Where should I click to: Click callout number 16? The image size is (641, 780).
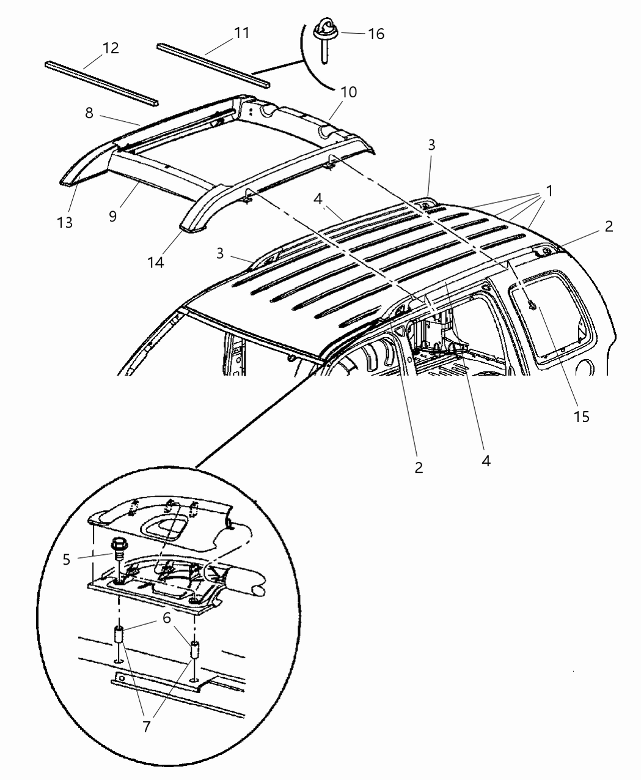[376, 34]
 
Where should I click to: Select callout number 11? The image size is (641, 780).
[242, 32]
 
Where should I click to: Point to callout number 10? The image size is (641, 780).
[348, 92]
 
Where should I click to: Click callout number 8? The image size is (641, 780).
[89, 113]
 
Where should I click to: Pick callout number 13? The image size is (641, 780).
[65, 222]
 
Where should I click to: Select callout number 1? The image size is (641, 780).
[549, 191]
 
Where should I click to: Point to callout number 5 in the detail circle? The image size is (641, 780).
[67, 559]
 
